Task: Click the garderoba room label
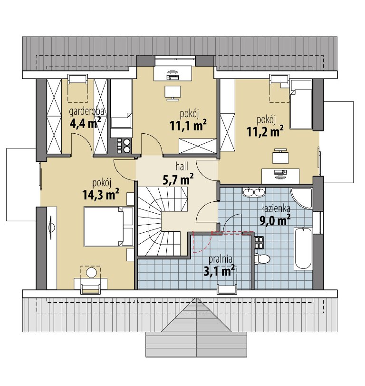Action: [86, 111]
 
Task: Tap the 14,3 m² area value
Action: [101, 195]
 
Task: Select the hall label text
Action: [182, 167]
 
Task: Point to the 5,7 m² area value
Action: [178, 179]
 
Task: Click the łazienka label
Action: [276, 208]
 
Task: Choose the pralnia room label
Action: [220, 259]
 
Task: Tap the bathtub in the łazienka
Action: [303, 248]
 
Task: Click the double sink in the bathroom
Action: [254, 192]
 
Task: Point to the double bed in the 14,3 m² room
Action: [108, 227]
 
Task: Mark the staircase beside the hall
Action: [162, 221]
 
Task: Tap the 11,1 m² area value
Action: [188, 125]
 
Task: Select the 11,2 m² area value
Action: [265, 131]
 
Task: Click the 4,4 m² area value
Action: [85, 123]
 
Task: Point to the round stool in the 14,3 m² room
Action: [91, 272]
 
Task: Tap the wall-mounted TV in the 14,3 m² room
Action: [51, 228]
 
